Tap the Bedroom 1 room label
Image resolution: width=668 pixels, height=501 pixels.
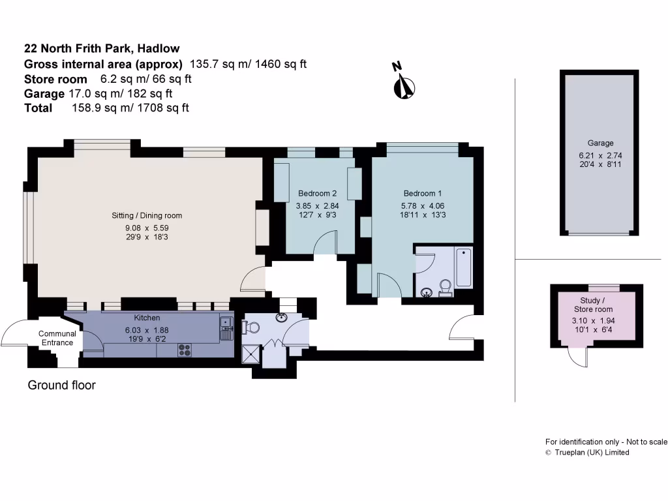423,193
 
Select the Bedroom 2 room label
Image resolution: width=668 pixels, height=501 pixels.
317,193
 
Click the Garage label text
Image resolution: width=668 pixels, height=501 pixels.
600,143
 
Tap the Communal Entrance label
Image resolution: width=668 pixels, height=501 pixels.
57,338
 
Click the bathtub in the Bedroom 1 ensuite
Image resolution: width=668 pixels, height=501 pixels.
464,267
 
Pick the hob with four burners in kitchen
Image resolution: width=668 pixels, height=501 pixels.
184,350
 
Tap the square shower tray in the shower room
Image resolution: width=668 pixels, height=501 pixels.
250,354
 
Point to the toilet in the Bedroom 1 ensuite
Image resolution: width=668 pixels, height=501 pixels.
446,288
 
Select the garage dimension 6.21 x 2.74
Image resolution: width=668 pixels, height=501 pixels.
600,155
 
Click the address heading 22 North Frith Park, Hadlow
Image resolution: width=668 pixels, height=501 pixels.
102,48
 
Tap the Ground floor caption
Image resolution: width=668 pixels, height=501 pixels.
61,385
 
